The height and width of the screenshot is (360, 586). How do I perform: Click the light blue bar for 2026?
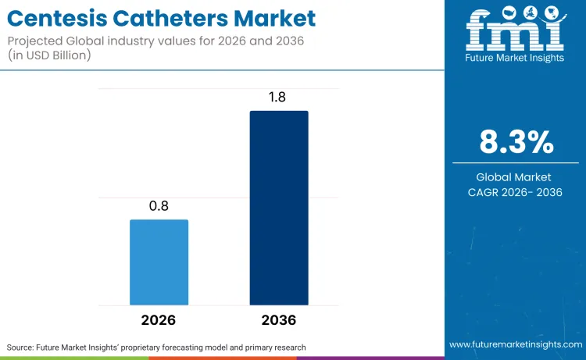click(159, 262)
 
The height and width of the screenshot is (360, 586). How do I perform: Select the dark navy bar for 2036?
click(279, 208)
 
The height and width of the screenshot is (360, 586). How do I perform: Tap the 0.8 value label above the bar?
click(159, 206)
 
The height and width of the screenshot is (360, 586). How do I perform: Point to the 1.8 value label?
click(279, 97)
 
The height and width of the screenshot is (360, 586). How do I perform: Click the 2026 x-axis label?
click(159, 320)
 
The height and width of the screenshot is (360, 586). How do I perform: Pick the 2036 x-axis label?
click(279, 320)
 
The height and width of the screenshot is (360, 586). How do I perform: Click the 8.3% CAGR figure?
click(516, 142)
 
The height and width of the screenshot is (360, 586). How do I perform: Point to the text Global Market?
click(516, 177)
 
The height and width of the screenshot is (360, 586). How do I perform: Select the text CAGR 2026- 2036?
click(516, 192)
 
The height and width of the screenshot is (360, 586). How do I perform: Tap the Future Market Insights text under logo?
click(515, 59)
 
